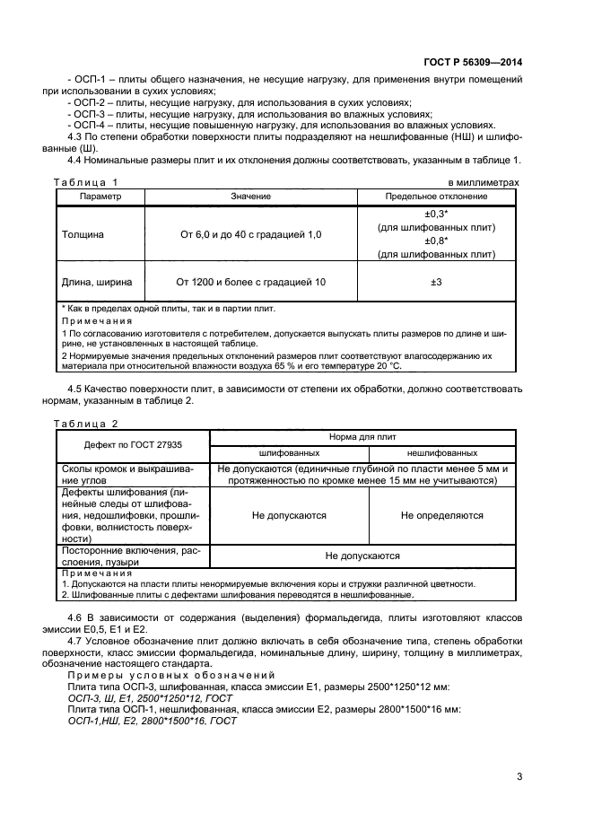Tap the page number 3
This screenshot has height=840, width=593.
519,776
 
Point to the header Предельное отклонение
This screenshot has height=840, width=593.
436,196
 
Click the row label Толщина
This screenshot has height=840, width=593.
83,233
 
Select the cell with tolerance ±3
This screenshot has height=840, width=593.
436,282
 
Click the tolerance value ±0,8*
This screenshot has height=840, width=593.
436,241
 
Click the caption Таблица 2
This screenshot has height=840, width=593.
86,423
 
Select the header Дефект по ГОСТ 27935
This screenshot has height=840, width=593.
133,444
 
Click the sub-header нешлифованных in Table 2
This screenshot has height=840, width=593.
441,453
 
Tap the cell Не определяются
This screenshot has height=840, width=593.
441,515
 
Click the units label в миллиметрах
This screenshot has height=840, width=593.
483,183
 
